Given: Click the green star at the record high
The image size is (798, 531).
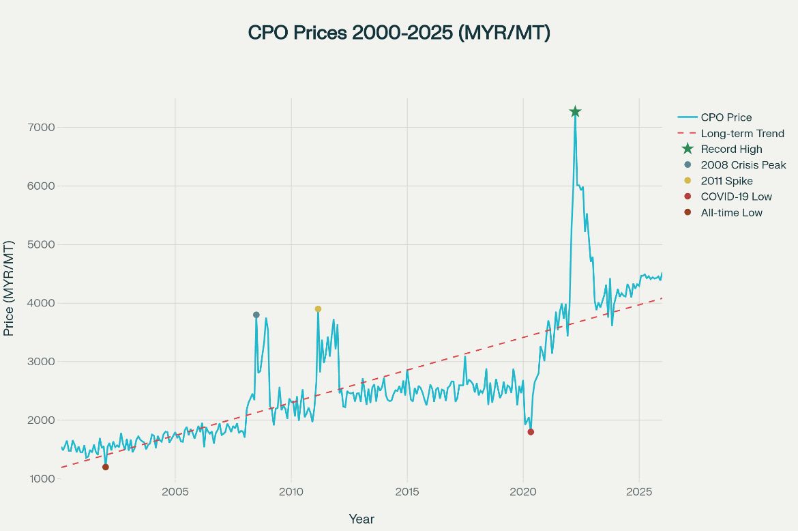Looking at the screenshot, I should pos(575,112).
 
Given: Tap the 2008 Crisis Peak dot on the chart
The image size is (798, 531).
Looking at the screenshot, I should pos(256,315).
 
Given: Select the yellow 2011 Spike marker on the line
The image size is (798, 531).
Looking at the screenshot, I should pos(318,309).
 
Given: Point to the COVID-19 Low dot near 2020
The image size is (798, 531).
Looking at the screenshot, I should pos(531,432).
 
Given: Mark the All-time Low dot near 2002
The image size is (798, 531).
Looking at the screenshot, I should pos(106,467).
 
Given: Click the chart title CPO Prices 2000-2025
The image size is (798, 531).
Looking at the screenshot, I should pos(398,33).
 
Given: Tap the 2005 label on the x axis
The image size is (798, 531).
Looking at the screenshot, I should pos(175,492).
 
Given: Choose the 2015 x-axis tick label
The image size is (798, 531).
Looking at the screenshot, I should pos(407,492).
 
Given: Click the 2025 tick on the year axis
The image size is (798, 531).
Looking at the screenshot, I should pos(639,492).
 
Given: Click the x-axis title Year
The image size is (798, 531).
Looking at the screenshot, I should pos(361,519).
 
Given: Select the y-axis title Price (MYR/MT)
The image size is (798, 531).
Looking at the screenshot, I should pos(10,288).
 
